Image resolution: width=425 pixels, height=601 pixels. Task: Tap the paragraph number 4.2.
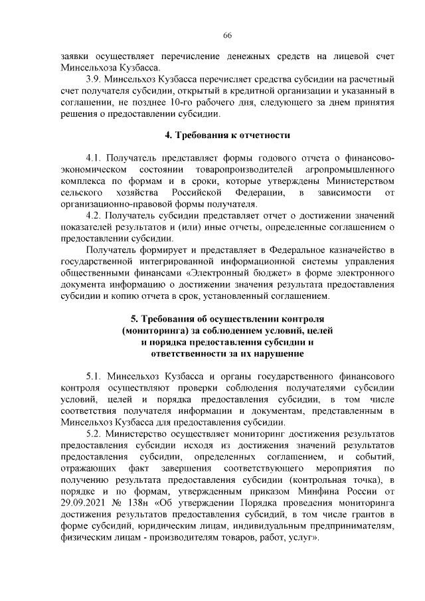[96, 215]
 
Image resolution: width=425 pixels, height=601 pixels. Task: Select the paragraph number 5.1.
[96, 376]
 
